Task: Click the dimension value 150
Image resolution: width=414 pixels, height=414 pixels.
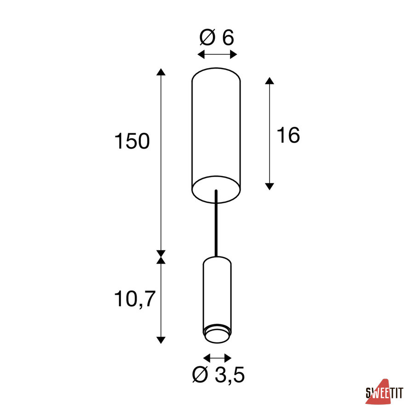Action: pyautogui.click(x=132, y=141)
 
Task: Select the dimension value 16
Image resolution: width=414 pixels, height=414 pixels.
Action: pyautogui.click(x=288, y=135)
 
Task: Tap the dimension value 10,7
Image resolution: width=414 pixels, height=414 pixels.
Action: pyautogui.click(x=134, y=299)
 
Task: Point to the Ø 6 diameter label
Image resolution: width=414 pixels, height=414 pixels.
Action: pyautogui.click(x=217, y=38)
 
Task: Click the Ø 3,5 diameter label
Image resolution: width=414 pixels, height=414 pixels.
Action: pyautogui.click(x=218, y=374)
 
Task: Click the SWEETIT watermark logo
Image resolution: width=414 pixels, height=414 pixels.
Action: pyautogui.click(x=385, y=392)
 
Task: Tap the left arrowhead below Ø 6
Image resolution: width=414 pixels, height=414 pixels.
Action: pyautogui.click(x=201, y=55)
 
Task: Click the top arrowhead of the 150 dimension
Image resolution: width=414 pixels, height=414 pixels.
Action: pyautogui.click(x=161, y=72)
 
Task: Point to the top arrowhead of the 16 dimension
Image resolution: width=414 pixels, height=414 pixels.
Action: pyautogui.click(x=269, y=81)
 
